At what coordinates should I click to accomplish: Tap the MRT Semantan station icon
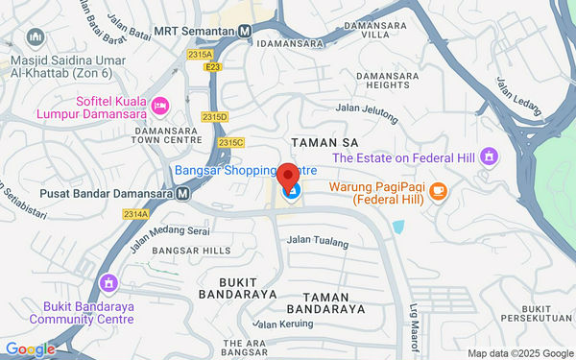pos(245,30)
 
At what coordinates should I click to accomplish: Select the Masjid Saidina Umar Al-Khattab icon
pos(36,37)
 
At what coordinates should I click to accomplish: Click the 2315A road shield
pos(200,55)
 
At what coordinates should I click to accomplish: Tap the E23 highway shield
pos(212,67)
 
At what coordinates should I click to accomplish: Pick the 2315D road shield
pos(214,116)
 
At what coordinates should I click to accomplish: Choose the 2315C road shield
pos(230,142)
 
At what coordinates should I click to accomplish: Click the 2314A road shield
pos(135,213)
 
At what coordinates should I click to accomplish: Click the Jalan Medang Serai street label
pos(169,232)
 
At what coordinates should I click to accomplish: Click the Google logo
pos(30,349)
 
